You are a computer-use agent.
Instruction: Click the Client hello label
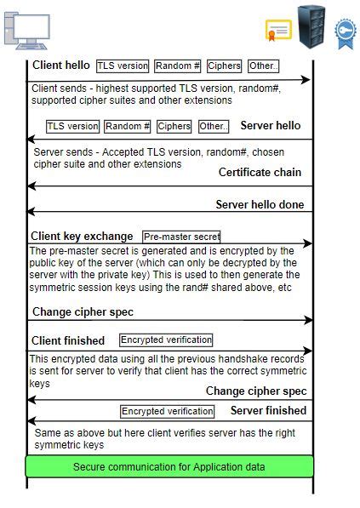point(60,66)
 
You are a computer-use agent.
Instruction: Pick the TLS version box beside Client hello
point(123,66)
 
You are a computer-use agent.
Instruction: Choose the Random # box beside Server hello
point(128,127)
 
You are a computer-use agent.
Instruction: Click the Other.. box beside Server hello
point(214,127)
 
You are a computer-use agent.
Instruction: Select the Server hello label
point(270,126)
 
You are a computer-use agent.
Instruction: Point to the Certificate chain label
point(260,173)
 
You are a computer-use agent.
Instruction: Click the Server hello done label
point(259,205)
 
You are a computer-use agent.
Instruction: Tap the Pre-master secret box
point(181,237)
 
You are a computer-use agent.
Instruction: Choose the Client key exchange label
point(82,237)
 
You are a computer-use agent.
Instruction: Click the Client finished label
point(68,340)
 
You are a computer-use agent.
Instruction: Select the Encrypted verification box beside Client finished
point(166,340)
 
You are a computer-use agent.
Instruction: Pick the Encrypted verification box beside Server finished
point(167,412)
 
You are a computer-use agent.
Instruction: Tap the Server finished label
point(268,411)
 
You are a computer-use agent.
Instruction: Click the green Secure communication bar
point(169,466)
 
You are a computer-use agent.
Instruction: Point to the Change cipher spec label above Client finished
point(83,311)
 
